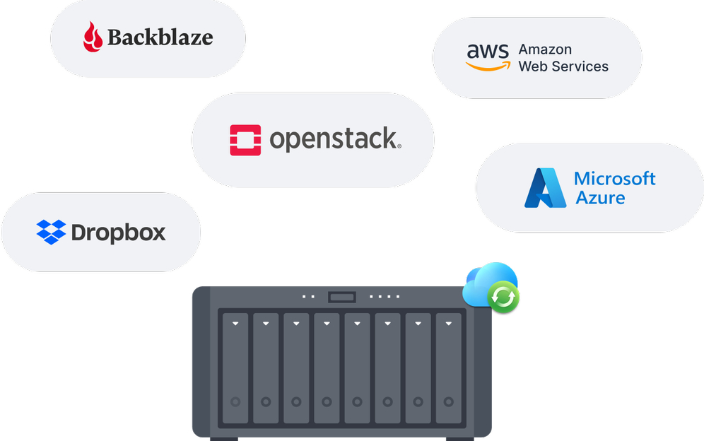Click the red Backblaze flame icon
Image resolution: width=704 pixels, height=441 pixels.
pos(93,37)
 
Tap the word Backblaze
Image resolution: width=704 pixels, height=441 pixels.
pos(160,37)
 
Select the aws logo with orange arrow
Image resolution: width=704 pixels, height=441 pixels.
pos(487,57)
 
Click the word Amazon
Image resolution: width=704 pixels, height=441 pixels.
pos(545,49)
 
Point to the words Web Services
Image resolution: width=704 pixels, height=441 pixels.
pos(563,66)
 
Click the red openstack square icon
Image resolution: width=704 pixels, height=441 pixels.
pos(245,140)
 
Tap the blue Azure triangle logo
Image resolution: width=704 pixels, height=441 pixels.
pos(544,188)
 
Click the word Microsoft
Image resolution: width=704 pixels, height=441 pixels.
pos(615,178)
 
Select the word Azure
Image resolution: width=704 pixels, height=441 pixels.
pos(600,197)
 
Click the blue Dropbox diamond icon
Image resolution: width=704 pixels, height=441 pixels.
pos(51,232)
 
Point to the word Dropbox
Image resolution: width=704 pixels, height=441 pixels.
pos(119,232)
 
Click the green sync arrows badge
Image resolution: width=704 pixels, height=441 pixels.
pos(503,298)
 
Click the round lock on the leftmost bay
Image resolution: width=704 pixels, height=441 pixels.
pos(235,401)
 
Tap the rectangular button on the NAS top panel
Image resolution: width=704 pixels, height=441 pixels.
pos(341,297)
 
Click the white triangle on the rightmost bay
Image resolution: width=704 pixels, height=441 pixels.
pos(448,324)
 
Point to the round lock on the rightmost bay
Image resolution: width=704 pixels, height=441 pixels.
pos(448,401)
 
